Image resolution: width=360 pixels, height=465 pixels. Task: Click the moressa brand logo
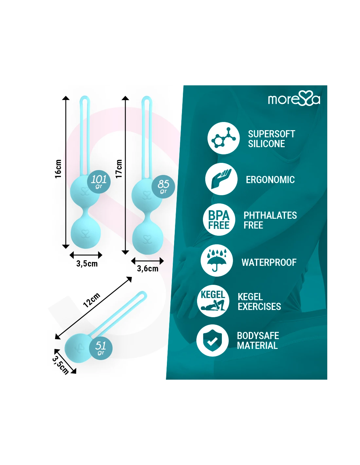294,99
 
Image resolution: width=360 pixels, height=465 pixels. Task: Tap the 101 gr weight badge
99,181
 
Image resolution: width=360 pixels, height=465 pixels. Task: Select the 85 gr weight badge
163,186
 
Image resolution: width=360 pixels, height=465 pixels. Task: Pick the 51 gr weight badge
100,348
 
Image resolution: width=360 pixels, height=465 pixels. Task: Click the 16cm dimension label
58,169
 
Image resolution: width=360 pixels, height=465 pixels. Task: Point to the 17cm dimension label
119,169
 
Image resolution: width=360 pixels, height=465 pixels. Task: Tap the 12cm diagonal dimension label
91,300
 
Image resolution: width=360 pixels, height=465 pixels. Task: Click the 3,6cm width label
148,269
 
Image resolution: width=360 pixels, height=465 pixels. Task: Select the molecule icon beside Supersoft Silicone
224,138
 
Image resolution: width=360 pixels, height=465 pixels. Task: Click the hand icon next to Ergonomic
221,179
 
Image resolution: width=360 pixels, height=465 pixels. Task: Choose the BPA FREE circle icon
219,220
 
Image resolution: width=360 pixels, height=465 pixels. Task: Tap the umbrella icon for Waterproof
216,260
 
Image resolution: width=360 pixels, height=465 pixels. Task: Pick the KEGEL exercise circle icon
213,301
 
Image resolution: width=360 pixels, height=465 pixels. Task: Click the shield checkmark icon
212,340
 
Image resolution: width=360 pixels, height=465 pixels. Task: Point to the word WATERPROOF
269,262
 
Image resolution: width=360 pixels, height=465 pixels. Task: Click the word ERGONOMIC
270,180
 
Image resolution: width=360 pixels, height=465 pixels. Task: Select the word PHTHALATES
270,215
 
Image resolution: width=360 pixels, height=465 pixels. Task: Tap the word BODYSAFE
258,336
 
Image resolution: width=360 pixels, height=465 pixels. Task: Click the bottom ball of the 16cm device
85,233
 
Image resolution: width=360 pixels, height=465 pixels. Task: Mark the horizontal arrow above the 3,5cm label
86,255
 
